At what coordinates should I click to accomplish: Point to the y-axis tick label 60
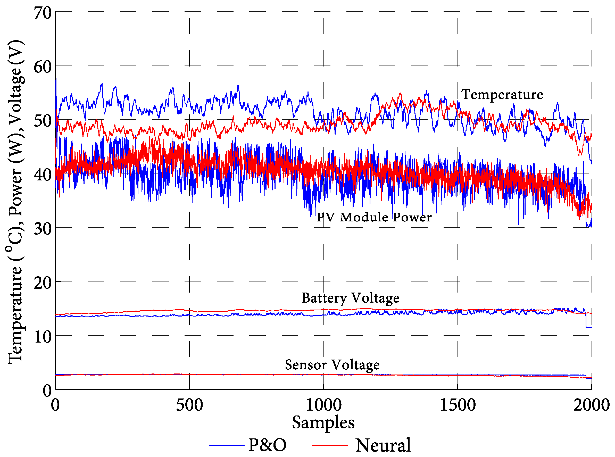click(43, 67)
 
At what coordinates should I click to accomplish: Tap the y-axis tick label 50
click(43, 121)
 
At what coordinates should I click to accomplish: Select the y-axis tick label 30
click(43, 229)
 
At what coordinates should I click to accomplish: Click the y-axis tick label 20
click(43, 283)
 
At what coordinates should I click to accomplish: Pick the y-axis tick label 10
click(43, 337)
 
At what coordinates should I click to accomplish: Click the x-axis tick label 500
click(189, 405)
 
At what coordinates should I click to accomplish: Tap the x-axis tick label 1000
click(323, 405)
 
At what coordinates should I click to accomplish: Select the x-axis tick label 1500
click(458, 405)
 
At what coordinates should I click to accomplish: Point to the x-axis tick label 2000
click(591, 405)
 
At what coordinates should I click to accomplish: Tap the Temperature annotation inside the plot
click(502, 95)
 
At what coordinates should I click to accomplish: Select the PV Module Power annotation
click(374, 217)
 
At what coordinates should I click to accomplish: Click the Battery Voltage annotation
click(350, 298)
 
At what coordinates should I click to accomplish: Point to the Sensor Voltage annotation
click(332, 365)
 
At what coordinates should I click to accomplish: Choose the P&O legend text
click(267, 445)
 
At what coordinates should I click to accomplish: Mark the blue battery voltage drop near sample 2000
click(586, 321)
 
